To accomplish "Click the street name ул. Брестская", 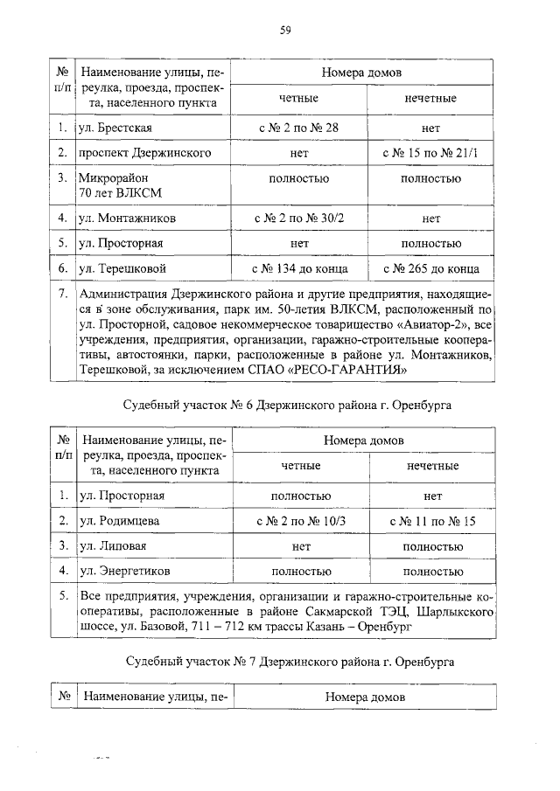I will [115, 128].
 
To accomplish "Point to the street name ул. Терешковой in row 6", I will [122, 267].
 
